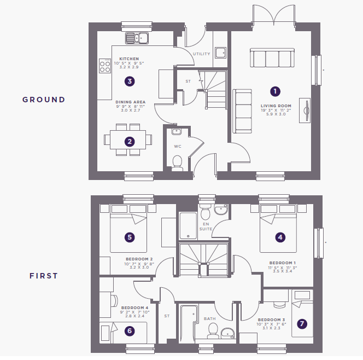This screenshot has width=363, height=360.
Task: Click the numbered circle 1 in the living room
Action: pyautogui.click(x=275, y=91)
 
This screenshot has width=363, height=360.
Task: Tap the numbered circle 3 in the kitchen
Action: pyautogui.click(x=130, y=82)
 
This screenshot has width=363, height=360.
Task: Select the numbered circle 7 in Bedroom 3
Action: pyautogui.click(x=302, y=324)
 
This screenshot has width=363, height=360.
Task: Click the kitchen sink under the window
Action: pyautogui.click(x=137, y=38)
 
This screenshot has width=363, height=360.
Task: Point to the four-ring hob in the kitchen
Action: pyautogui.click(x=105, y=66)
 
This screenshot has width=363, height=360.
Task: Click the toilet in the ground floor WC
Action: pyautogui.click(x=177, y=163)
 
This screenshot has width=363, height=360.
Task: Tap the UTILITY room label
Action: pyautogui.click(x=202, y=54)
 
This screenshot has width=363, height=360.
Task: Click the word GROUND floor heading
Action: pyautogui.click(x=44, y=100)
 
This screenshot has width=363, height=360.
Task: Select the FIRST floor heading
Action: pyautogui.click(x=44, y=276)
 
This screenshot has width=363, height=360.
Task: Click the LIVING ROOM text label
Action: pyautogui.click(x=276, y=106)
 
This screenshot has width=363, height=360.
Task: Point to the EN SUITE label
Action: pyautogui.click(x=206, y=227)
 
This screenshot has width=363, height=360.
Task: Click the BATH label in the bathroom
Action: pyautogui.click(x=210, y=319)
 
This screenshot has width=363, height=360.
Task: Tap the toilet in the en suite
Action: pyautogui.click(x=205, y=212)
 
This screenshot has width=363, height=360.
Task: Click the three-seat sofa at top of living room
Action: pyautogui.click(x=272, y=57)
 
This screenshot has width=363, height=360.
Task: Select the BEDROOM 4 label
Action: pyautogui.click(x=134, y=307)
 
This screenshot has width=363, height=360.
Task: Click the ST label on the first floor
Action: pyautogui.click(x=167, y=316)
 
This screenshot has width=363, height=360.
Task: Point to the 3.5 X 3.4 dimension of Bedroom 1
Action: pyautogui.click(x=283, y=271)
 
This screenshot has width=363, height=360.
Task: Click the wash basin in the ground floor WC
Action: pyautogui.click(x=177, y=132)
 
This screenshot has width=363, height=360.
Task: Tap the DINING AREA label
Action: pyautogui.click(x=131, y=102)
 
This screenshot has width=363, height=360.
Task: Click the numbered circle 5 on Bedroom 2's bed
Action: pyautogui.click(x=130, y=237)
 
